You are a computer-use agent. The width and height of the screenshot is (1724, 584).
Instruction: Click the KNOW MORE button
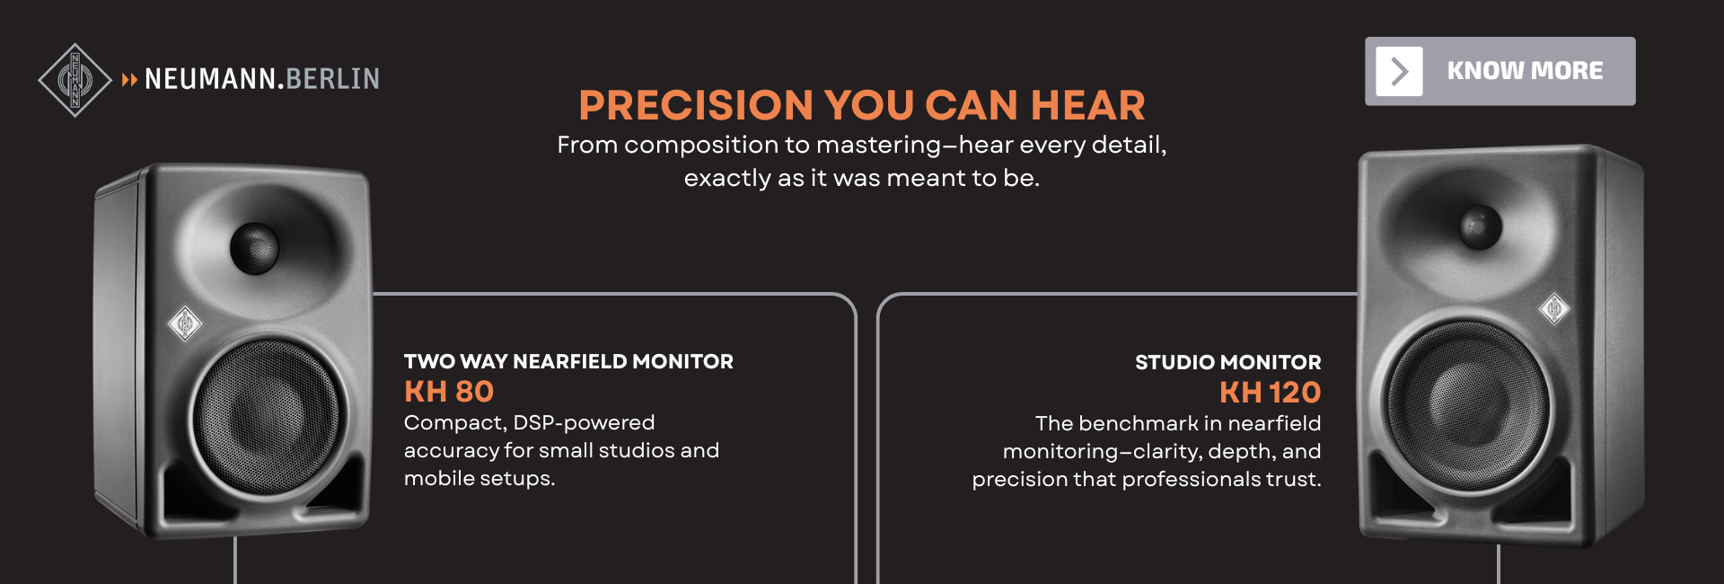1500,71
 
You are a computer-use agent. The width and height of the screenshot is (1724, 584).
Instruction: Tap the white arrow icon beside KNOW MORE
1399,71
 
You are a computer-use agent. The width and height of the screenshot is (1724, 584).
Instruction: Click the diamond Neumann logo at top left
75,80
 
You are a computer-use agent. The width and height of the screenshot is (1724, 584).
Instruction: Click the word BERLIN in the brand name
333,79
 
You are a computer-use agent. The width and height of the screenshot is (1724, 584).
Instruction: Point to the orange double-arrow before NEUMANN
129,80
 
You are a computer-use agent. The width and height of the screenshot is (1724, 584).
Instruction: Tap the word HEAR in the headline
1088,105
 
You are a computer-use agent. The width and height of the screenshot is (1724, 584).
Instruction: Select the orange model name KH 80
449,392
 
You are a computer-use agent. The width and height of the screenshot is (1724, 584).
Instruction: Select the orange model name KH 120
1270,393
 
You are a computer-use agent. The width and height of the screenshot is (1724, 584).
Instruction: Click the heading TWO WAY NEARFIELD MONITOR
568,361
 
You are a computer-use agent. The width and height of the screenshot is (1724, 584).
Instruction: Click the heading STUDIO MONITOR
1227,362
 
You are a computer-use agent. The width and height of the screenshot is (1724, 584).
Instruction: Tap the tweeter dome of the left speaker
254,248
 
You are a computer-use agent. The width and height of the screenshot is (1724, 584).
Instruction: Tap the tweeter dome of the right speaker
1480,226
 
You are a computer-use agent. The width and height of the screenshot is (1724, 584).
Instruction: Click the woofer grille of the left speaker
267,417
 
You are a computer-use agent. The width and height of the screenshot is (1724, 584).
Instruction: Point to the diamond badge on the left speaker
185,323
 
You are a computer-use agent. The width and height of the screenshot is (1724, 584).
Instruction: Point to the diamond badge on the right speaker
1554,309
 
